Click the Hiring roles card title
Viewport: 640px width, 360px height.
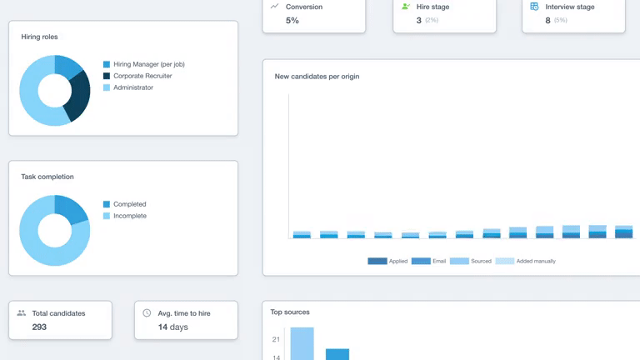[x=39, y=37]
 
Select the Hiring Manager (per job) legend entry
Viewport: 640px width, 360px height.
[x=148, y=64]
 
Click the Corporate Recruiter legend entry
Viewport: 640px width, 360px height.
[x=142, y=76]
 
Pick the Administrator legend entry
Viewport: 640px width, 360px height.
[x=132, y=87]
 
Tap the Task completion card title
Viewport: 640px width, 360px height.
[x=47, y=177]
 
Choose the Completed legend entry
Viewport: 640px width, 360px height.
[x=129, y=204]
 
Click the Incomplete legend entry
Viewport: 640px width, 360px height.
[x=129, y=216]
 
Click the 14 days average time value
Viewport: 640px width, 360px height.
[x=172, y=327]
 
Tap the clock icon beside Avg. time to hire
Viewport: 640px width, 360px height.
[x=147, y=313]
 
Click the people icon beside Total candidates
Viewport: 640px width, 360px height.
[x=22, y=313]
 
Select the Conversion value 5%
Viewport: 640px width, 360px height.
[x=292, y=20]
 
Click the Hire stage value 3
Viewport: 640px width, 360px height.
[x=418, y=20]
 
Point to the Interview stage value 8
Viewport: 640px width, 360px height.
[x=547, y=20]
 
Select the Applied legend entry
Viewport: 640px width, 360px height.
[x=397, y=261]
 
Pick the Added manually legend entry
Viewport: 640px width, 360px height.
[x=536, y=261]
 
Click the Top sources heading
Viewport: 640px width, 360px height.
[x=290, y=312]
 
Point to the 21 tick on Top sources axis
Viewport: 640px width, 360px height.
[x=276, y=339]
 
